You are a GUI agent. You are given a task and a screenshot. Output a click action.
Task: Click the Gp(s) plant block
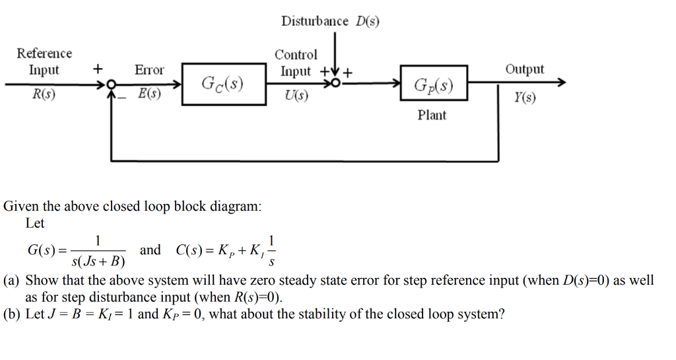(433, 84)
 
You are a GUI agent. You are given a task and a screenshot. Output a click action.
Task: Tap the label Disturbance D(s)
(330, 21)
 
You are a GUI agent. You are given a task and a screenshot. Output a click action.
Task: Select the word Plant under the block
(432, 116)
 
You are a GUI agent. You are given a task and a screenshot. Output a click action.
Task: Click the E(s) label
(149, 94)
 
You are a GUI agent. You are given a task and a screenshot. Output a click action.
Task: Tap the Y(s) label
(525, 98)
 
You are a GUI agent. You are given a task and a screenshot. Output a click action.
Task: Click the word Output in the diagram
(525, 69)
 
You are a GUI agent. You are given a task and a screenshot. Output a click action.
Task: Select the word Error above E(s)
(149, 69)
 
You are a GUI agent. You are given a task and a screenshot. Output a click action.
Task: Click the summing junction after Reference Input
(111, 85)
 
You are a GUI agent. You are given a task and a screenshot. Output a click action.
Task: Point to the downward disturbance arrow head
(336, 72)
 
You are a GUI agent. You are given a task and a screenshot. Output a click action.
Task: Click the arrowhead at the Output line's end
(561, 83)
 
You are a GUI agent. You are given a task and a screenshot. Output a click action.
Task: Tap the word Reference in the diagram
(44, 54)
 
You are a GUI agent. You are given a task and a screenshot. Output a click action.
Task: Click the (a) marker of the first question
(12, 280)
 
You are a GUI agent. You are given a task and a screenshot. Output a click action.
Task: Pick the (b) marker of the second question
(12, 314)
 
